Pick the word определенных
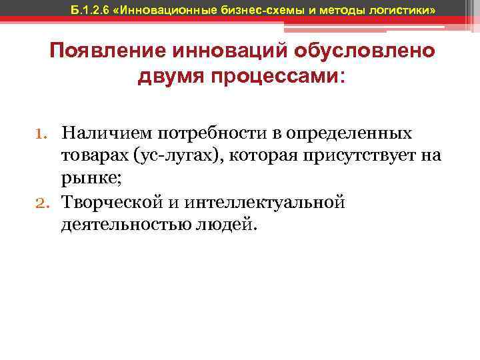click(355, 133)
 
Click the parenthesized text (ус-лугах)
click(175, 156)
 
